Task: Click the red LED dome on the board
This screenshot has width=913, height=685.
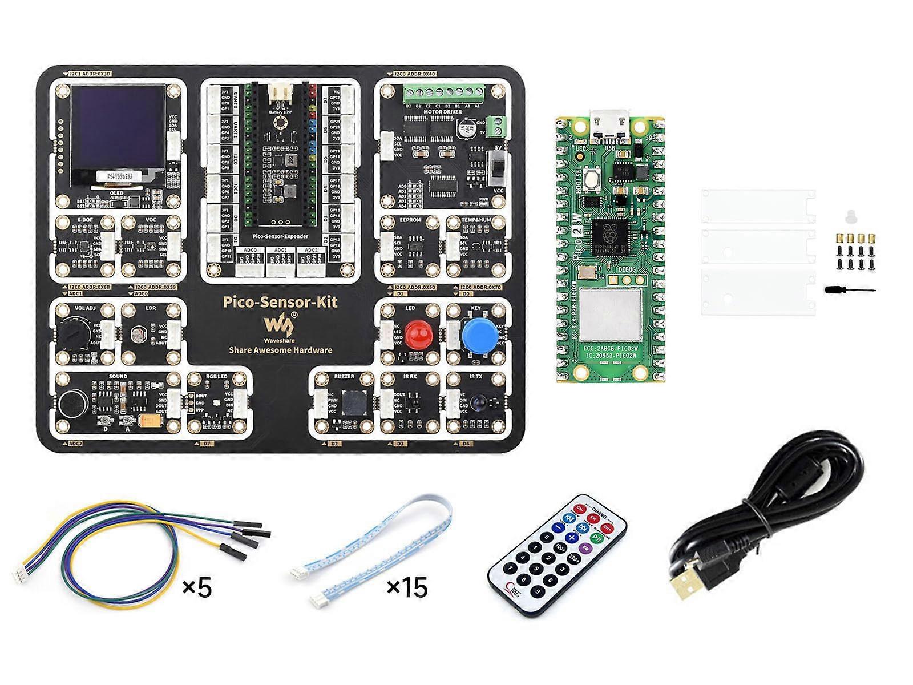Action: [417, 333]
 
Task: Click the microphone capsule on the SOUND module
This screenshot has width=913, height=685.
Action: [72, 403]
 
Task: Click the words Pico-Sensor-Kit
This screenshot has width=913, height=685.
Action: [281, 302]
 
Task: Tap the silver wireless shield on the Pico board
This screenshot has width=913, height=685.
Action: [610, 316]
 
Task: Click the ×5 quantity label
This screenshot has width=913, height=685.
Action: [197, 587]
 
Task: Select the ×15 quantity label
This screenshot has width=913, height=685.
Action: [407, 587]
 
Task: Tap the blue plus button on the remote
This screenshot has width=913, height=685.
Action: [572, 538]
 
